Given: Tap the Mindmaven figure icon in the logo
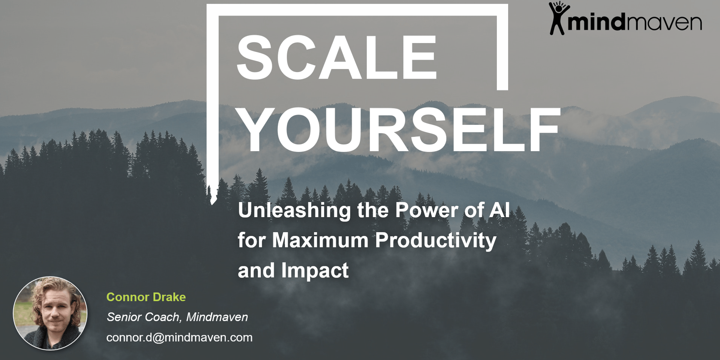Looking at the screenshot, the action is (558, 18).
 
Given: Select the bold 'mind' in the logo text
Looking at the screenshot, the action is (597, 21).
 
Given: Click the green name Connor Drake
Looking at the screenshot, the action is (146, 297).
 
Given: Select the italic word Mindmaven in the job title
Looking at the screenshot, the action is (217, 317).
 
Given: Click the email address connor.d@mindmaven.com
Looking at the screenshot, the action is (179, 338).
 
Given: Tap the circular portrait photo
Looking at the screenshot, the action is (50, 313).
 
